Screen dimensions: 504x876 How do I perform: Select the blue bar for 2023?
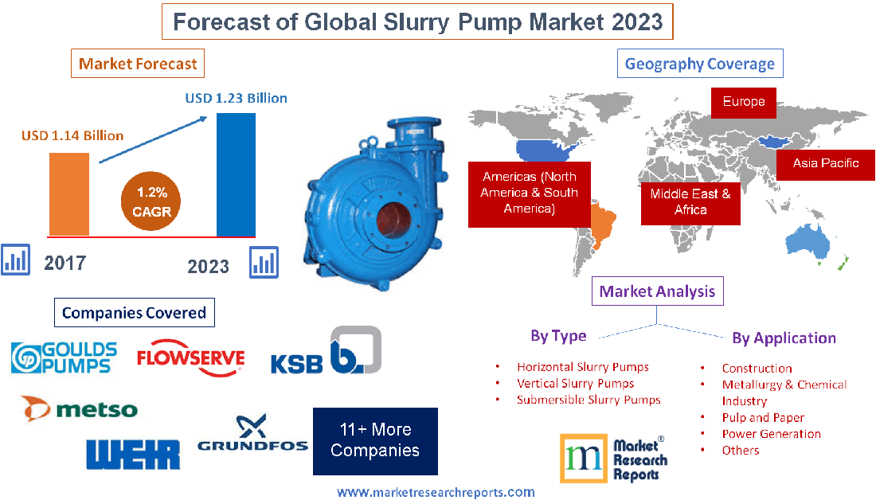coord(236,174)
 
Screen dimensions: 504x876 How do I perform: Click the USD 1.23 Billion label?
coord(236,99)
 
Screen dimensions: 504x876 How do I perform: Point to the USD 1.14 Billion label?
coord(72,135)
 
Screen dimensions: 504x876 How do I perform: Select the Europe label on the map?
coord(744,102)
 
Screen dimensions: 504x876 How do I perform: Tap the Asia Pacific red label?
coord(825,163)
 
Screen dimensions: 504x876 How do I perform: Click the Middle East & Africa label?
coord(690,201)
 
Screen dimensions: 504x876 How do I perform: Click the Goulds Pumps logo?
coord(65,358)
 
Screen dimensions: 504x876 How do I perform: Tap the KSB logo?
coord(326,353)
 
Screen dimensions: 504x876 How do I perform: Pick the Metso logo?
coord(79,409)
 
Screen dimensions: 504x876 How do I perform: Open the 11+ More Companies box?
coord(375,440)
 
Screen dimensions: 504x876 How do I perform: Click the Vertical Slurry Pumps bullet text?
coord(575,384)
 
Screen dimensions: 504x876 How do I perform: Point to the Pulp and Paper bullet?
coord(763,417)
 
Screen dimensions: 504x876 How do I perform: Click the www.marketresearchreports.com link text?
coord(436,493)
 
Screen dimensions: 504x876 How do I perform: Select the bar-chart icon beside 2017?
coord(15,259)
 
